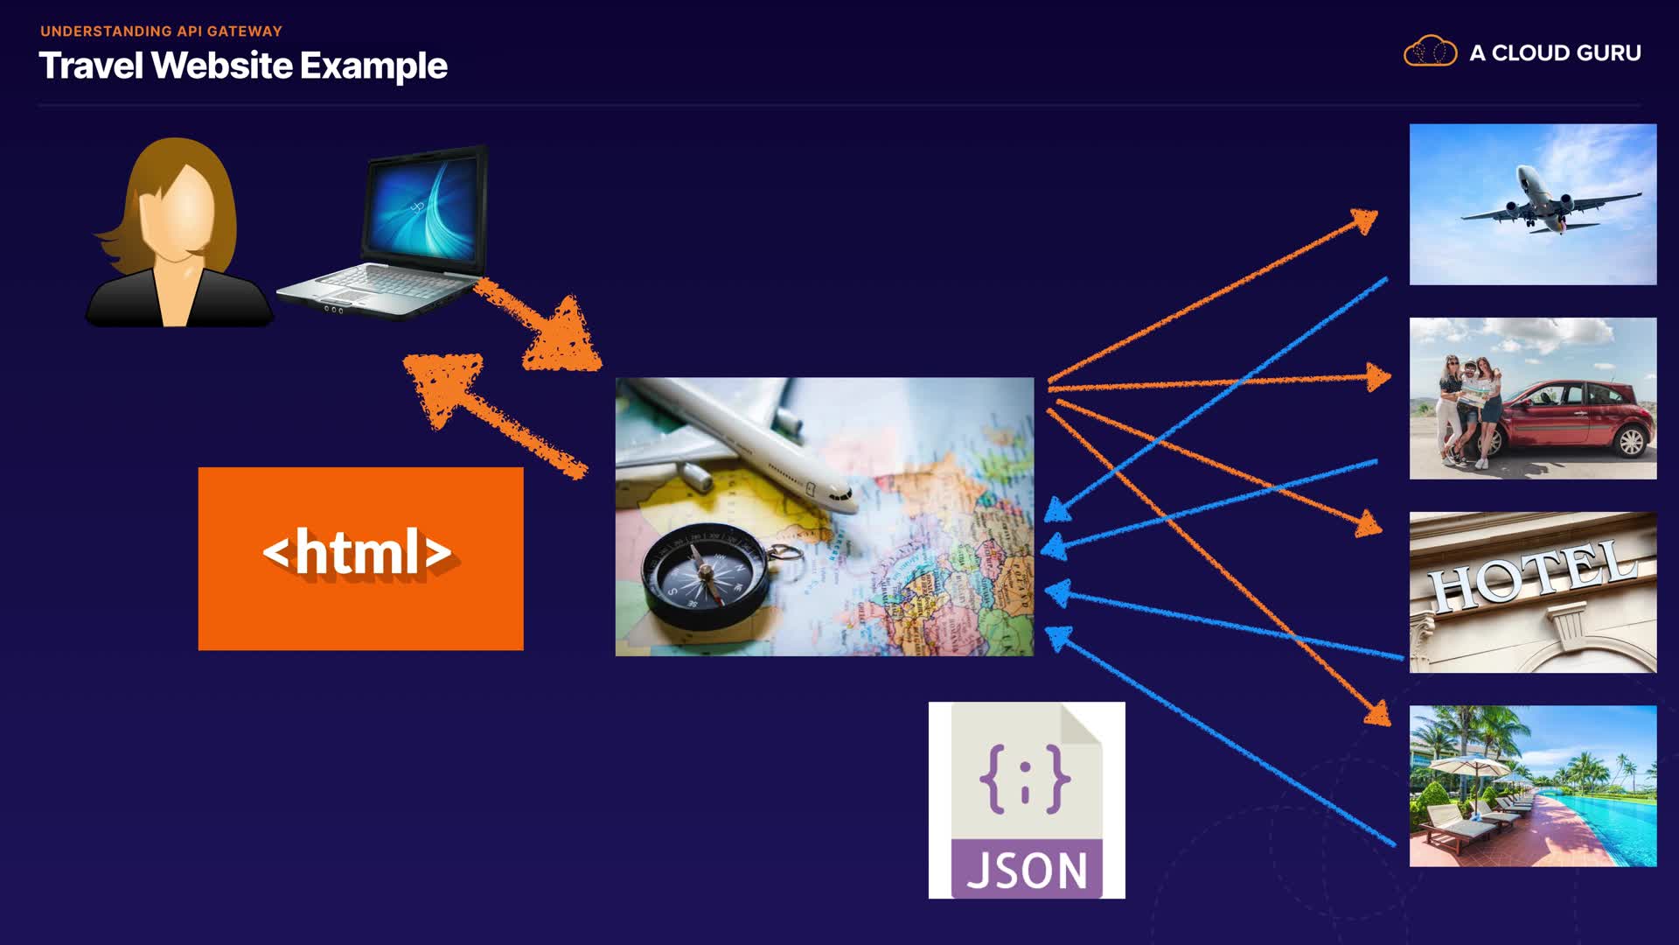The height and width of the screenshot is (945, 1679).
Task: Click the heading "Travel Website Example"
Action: tap(243, 66)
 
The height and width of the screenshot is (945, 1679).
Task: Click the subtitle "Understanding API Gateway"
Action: tap(161, 31)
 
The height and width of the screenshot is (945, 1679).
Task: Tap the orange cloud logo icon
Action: tap(1430, 52)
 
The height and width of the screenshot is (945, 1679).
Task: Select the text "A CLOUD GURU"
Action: tap(1555, 53)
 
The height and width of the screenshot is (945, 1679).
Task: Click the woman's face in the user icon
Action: tap(185, 211)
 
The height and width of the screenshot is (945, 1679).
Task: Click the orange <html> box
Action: tap(360, 558)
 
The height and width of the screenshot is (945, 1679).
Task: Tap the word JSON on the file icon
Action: tap(1027, 871)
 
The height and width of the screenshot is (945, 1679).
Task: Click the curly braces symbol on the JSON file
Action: tap(1025, 777)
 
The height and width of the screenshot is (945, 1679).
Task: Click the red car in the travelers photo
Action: tap(1574, 416)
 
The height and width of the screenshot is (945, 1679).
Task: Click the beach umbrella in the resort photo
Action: tap(1476, 766)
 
